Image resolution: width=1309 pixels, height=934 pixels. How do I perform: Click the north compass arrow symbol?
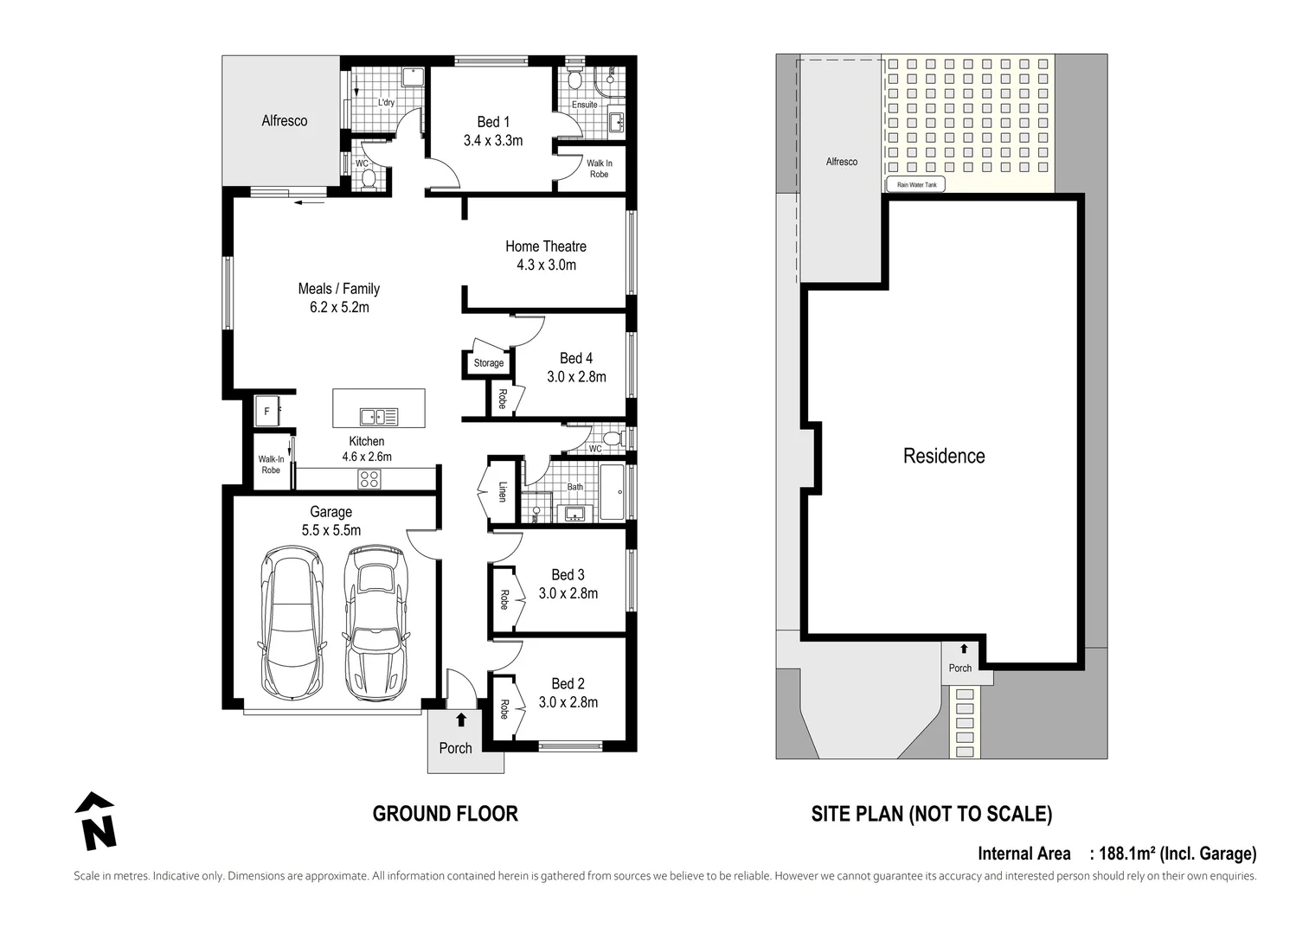pyautogui.click(x=96, y=821)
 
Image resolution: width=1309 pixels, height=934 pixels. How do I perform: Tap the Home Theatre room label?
pyautogui.click(x=545, y=246)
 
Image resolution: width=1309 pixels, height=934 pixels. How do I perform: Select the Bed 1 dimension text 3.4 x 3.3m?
pyautogui.click(x=492, y=141)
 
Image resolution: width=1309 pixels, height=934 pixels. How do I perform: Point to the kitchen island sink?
pyautogui.click(x=379, y=417)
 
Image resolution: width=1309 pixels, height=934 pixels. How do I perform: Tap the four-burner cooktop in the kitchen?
pyautogui.click(x=369, y=478)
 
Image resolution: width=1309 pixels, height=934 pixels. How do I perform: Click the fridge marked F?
pyautogui.click(x=267, y=412)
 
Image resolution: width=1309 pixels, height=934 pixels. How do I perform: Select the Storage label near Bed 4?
pyautogui.click(x=488, y=363)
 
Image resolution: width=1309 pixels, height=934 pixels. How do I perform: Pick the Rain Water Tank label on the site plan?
pyautogui.click(x=916, y=185)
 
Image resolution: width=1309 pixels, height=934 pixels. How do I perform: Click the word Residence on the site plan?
pyautogui.click(x=943, y=456)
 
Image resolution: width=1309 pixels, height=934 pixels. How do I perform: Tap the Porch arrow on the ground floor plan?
pyautogui.click(x=461, y=720)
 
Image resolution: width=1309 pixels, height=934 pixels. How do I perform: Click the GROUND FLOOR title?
pyautogui.click(x=445, y=814)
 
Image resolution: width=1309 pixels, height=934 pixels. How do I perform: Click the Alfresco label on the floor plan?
pyautogui.click(x=284, y=121)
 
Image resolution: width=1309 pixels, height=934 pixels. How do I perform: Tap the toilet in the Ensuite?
pyautogui.click(x=574, y=80)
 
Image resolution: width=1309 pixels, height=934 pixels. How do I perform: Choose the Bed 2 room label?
pyautogui.click(x=568, y=683)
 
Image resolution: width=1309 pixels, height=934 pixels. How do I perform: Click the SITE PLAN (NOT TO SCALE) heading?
pyautogui.click(x=931, y=814)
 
